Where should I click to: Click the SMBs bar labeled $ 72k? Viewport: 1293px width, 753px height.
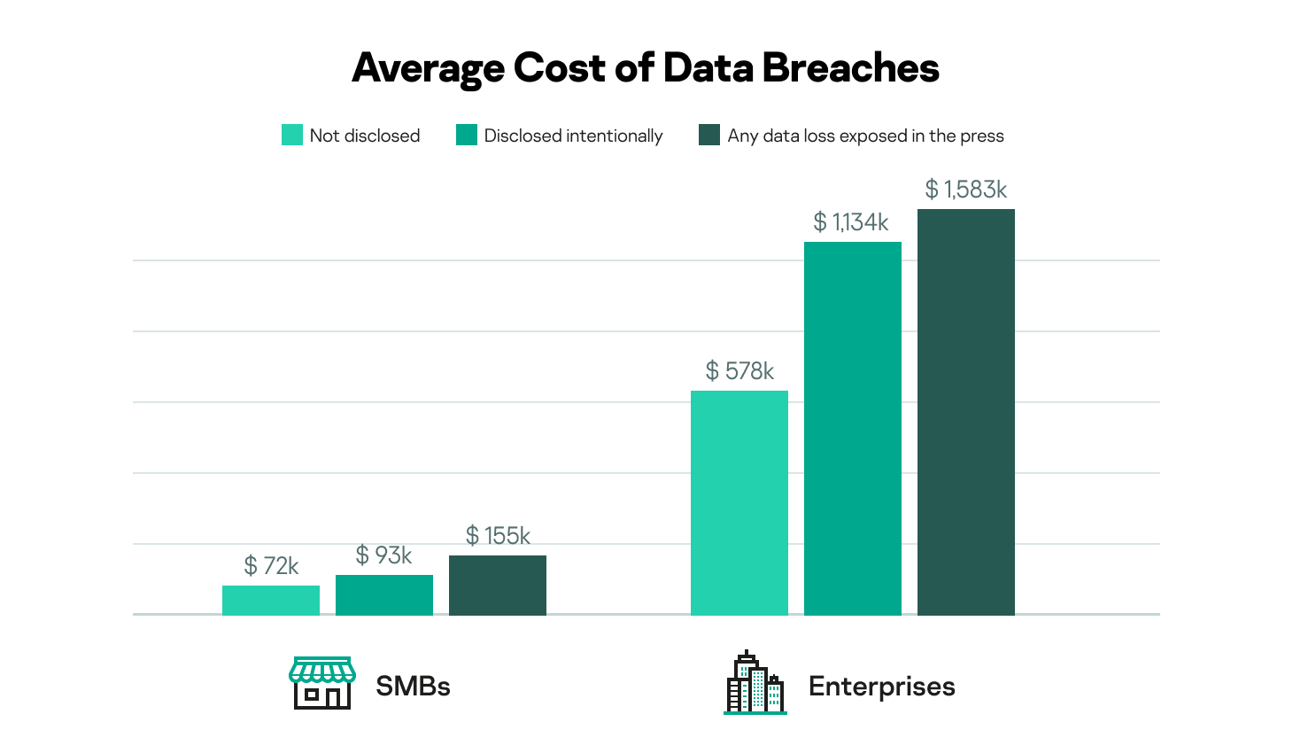tap(270, 600)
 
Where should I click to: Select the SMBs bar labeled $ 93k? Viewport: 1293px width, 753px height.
tap(383, 594)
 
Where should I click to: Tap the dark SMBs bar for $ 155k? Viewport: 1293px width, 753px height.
tap(497, 585)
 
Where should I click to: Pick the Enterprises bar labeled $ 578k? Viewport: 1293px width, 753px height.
tap(739, 502)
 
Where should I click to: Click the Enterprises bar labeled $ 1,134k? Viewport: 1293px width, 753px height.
tap(852, 428)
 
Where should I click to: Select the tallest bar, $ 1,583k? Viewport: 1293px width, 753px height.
tap(965, 412)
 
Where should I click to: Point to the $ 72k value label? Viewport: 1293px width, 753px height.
tap(271, 566)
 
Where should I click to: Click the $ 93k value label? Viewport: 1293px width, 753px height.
tap(383, 555)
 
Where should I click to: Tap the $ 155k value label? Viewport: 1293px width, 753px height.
tap(498, 536)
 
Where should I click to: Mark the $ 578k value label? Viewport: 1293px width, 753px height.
tap(739, 371)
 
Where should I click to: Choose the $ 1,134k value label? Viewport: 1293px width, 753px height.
tap(851, 222)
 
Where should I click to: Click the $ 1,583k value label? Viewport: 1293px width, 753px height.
tap(965, 190)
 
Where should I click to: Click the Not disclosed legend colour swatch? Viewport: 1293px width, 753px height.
tap(292, 135)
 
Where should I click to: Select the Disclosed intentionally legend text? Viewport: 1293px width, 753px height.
tap(573, 136)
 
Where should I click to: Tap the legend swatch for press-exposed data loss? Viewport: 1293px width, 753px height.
tap(709, 135)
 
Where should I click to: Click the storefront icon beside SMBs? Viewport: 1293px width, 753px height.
tap(322, 683)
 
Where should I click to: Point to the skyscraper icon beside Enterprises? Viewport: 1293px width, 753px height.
tap(755, 683)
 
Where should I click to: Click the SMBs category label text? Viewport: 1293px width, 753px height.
tap(413, 687)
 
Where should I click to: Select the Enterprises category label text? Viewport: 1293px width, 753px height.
tap(881, 687)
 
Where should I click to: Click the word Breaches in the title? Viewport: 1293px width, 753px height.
tap(850, 68)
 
